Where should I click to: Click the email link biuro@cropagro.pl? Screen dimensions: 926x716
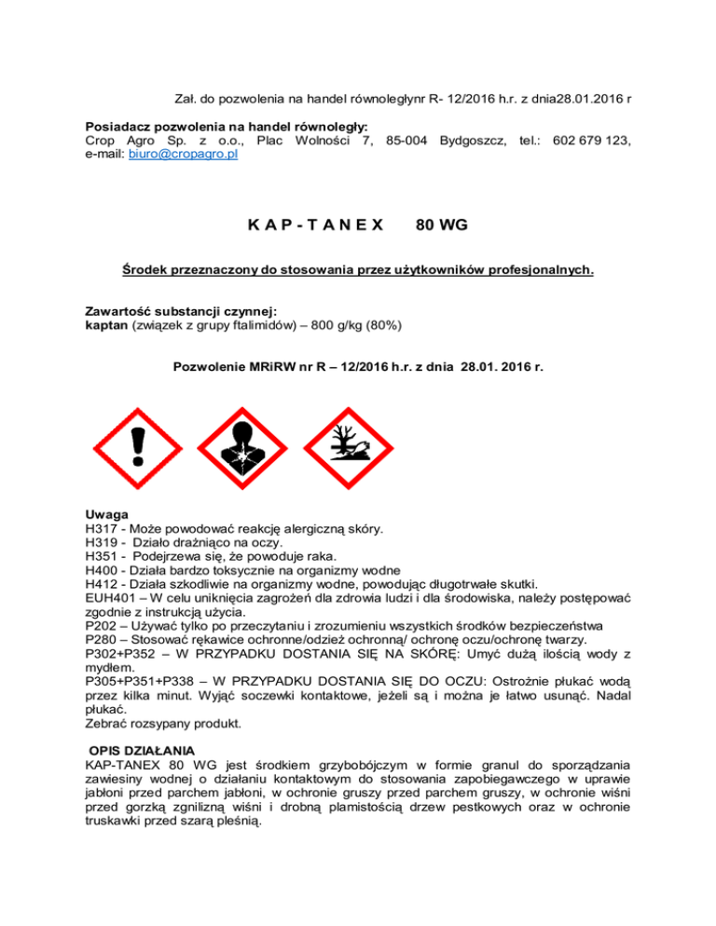(181, 155)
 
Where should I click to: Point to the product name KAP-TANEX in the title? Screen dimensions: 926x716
(316, 224)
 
